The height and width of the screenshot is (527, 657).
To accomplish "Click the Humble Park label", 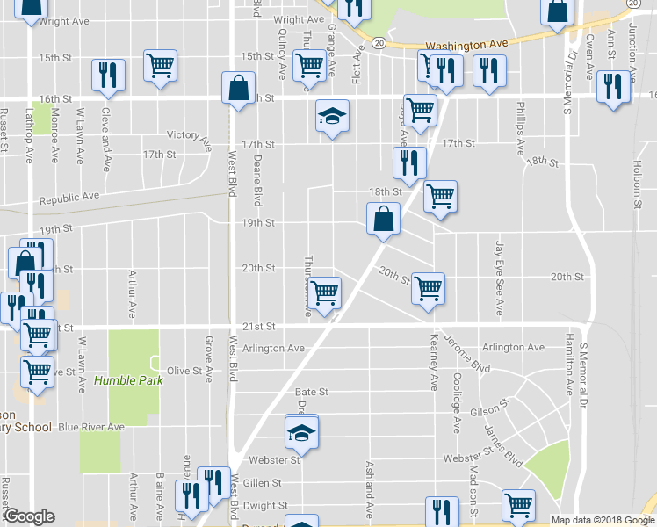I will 128,380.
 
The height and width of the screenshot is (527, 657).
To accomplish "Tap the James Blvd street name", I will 504,445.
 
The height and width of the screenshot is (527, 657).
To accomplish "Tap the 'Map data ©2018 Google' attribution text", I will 603,520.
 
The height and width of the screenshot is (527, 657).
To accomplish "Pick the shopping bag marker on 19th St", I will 383,220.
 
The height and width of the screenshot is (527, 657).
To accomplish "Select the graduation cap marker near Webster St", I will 300,432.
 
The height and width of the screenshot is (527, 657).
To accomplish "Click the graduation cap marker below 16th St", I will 331,116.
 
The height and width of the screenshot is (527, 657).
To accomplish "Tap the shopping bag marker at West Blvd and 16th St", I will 239,88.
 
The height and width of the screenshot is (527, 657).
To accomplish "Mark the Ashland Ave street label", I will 370,480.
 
